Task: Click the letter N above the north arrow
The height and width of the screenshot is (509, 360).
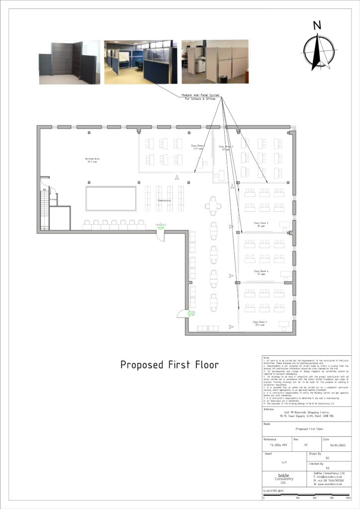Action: pos(317,26)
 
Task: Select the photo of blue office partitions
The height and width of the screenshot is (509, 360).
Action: pos(141,61)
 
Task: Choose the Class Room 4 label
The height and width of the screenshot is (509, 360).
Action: pos(261,272)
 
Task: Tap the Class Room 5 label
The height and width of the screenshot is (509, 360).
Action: pos(260,323)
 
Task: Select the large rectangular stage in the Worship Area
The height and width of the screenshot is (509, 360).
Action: pos(111,198)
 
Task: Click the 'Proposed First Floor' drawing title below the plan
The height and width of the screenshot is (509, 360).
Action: pos(170,365)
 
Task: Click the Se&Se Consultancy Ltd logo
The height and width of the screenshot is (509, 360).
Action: pos(284,479)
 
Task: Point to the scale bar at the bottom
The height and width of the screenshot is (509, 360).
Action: pos(306,495)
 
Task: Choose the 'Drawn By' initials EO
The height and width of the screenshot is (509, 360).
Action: pos(327,458)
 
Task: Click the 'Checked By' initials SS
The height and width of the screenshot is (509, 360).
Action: pos(327,468)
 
